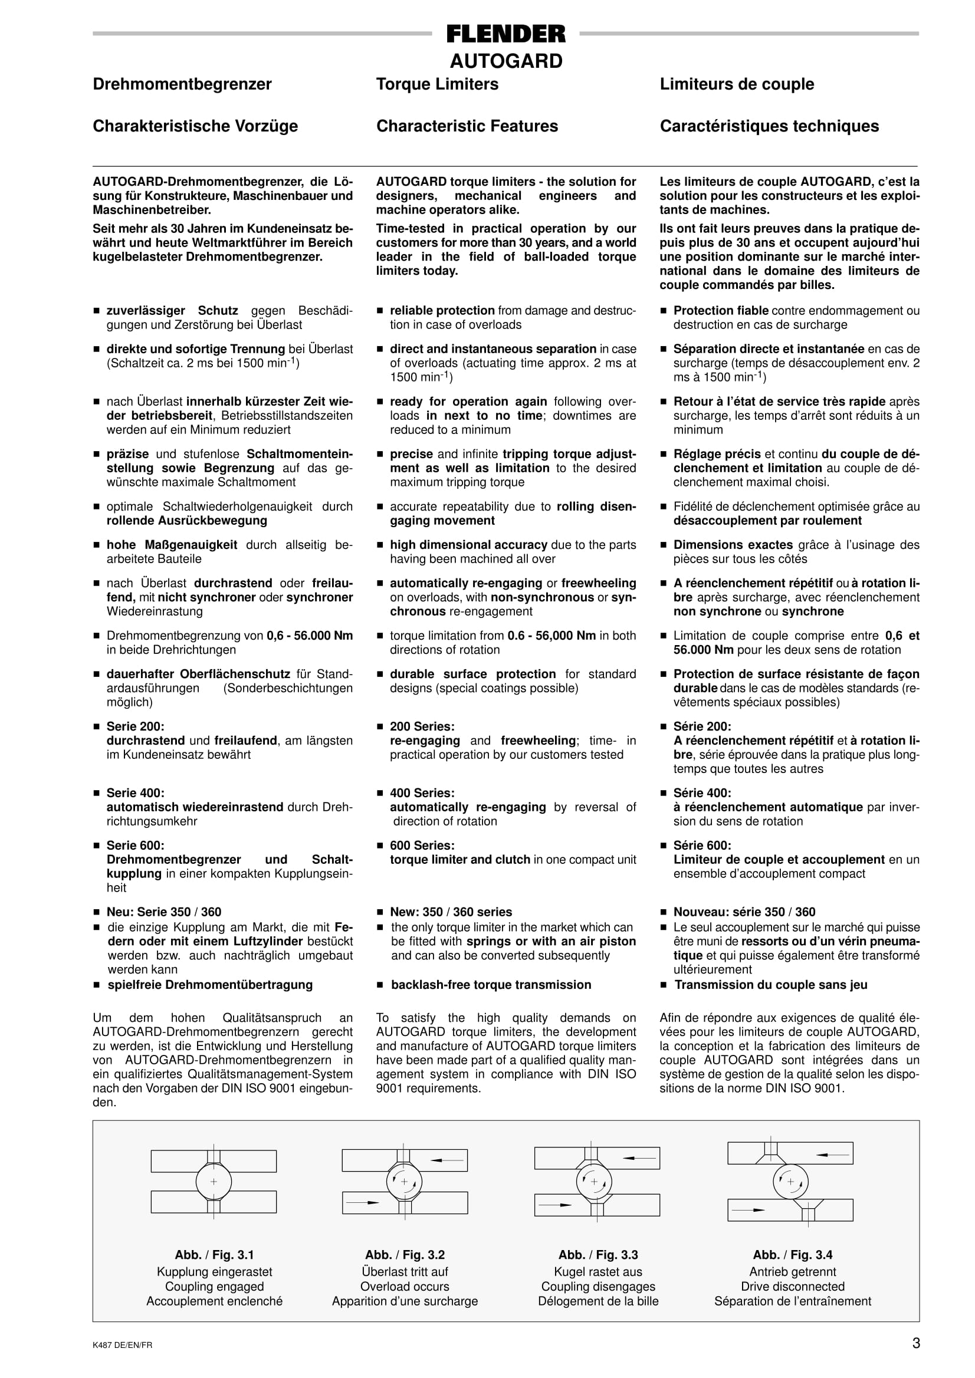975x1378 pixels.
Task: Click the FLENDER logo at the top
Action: (x=505, y=34)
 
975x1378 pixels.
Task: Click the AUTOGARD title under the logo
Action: (x=505, y=61)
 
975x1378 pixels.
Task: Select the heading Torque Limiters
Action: (x=437, y=84)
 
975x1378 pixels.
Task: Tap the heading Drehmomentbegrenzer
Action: (x=182, y=84)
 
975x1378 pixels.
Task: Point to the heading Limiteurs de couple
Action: (x=737, y=84)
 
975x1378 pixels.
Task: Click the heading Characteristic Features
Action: (x=467, y=126)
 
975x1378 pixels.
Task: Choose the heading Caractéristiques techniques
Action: (x=769, y=126)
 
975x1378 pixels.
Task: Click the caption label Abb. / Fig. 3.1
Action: (x=214, y=1255)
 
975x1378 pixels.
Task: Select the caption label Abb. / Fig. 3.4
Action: (x=793, y=1255)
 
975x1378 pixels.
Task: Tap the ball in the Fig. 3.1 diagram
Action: (x=213, y=1182)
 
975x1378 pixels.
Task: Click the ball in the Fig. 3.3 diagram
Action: (x=594, y=1182)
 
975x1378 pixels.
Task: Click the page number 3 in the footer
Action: (x=915, y=1343)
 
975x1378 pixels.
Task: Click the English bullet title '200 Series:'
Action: (x=422, y=727)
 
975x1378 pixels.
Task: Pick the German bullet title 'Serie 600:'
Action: (x=135, y=846)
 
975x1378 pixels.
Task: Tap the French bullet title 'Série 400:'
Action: (x=702, y=793)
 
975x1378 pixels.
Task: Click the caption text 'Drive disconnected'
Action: (x=793, y=1287)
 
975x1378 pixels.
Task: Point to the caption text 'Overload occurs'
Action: (x=405, y=1287)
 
